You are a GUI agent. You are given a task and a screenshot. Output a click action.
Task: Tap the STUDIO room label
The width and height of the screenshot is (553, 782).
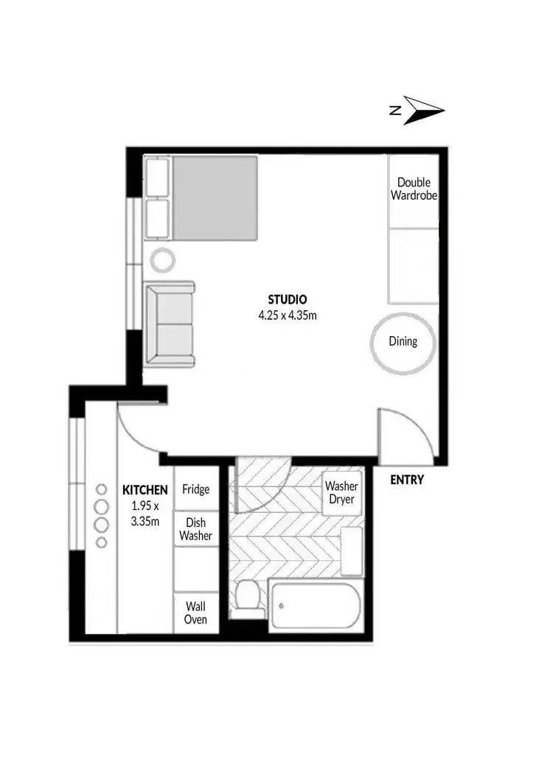(x=287, y=300)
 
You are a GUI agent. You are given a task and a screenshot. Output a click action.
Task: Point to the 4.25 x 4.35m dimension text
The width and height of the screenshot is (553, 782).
(x=287, y=315)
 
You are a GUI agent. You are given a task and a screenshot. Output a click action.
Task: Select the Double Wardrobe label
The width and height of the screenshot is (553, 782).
(x=414, y=189)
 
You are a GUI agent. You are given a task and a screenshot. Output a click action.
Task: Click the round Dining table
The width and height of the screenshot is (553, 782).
(x=403, y=341)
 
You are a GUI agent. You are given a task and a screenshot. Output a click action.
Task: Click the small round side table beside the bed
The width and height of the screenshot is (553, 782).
(x=163, y=259)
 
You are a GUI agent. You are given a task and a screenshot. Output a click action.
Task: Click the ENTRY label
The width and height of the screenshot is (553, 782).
(x=407, y=481)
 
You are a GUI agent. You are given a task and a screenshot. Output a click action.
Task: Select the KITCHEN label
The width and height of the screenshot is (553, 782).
(x=145, y=489)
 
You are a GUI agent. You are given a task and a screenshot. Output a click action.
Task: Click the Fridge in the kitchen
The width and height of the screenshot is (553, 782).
(x=196, y=489)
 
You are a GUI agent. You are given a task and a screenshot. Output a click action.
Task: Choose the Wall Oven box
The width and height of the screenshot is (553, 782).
(x=196, y=612)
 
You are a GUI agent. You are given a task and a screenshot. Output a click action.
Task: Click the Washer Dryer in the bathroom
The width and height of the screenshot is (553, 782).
(x=341, y=493)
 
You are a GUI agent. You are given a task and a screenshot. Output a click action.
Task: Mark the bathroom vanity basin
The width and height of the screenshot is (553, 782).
(x=352, y=550)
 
